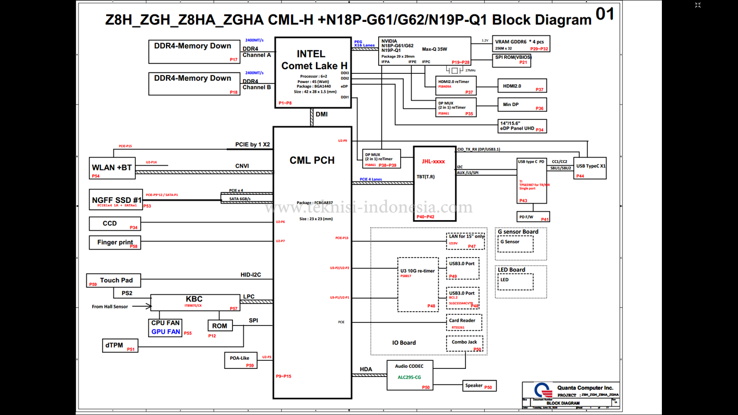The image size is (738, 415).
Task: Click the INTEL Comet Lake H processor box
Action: [314, 73]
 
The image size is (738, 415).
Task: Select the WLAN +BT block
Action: [112, 168]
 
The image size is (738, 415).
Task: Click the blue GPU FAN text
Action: [165, 332]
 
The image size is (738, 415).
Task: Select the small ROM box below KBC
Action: [220, 326]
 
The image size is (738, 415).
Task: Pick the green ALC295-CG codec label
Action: [409, 377]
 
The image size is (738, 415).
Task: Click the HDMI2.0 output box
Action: [521, 86]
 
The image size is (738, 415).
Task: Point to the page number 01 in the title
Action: [605, 14]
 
